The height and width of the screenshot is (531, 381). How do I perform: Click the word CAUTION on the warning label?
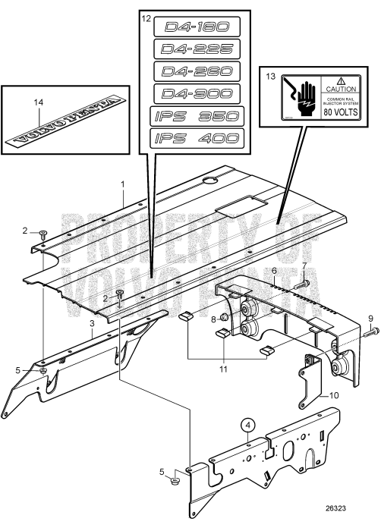click(346, 89)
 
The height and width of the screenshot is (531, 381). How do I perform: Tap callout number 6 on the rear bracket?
click(273, 270)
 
